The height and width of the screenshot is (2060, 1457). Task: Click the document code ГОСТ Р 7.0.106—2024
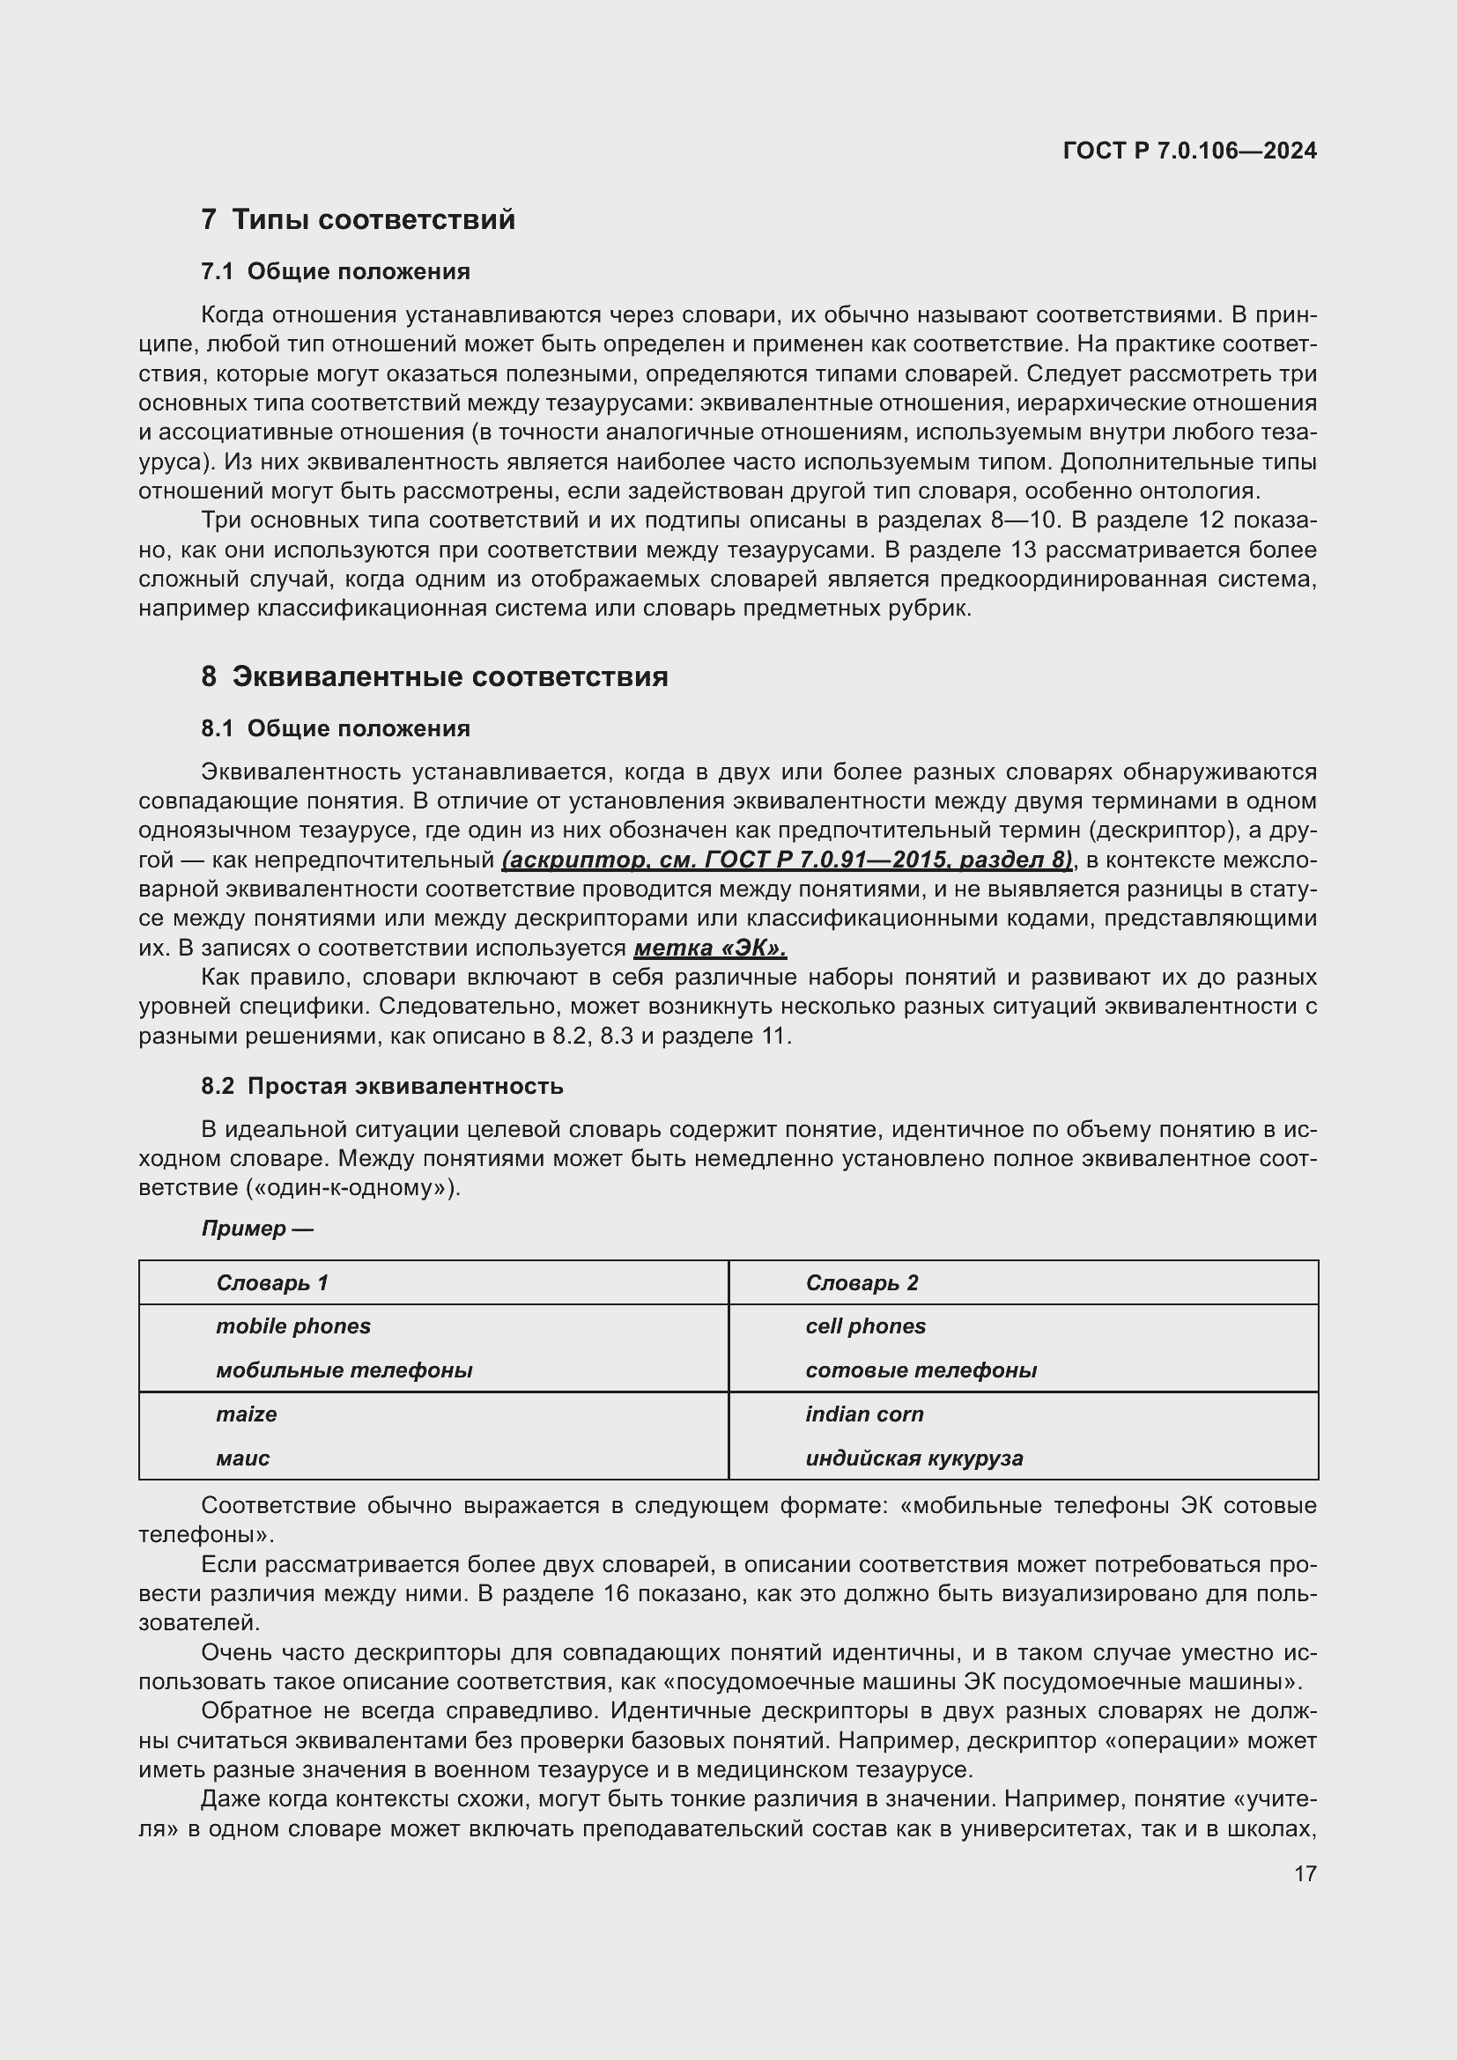(1188, 151)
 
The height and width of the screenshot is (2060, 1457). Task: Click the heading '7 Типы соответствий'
(358, 220)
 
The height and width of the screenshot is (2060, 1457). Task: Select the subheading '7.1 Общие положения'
(336, 272)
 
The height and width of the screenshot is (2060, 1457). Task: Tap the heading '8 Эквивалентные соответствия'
(434, 676)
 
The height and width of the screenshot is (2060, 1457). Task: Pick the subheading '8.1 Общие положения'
(336, 728)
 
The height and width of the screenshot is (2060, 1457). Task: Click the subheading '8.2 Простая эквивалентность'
(382, 1087)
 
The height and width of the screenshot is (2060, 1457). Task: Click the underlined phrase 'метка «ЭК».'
(710, 949)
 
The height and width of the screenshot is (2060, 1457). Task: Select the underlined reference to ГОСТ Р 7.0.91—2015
(787, 860)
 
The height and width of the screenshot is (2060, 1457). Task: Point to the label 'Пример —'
(256, 1229)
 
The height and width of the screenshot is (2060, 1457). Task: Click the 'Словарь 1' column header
(272, 1283)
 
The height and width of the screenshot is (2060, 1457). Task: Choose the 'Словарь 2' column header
(862, 1283)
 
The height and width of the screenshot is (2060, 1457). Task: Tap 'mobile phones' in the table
(292, 1326)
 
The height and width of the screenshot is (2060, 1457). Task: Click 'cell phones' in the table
(865, 1326)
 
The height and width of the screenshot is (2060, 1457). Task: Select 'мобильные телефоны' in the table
(344, 1370)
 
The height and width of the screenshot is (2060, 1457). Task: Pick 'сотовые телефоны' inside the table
(921, 1370)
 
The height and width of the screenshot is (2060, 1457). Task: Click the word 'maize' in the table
(246, 1414)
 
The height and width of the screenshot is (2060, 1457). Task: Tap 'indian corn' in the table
(864, 1414)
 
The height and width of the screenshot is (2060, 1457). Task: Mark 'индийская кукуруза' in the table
(913, 1458)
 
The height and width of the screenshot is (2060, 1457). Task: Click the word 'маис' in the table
(242, 1458)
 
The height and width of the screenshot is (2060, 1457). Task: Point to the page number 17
(1305, 1874)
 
